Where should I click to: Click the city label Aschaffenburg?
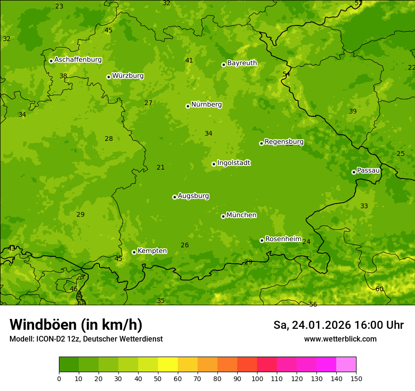pos(78,60)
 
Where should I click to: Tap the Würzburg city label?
pos(128,76)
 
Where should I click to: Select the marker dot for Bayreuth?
pos(224,65)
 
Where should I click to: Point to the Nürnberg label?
pos(206,105)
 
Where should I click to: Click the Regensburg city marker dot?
pos(261,143)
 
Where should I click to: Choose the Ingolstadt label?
pos(233,163)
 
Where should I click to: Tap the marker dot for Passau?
pos(354,172)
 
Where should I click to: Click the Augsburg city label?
pos(193,196)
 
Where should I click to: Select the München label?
pos(241,215)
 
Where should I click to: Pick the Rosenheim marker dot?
pos(262,240)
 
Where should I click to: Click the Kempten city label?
pos(152,251)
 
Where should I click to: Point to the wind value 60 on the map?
pos(379,289)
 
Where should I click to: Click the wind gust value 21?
pos(161,167)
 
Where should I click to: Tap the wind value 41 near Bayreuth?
pos(189,60)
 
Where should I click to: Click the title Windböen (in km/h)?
pos(76,325)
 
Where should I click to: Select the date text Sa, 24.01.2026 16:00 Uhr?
pos(338,325)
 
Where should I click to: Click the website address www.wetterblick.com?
pos(340,339)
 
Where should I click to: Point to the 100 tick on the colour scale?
pos(257,378)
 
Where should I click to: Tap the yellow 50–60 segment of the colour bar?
pos(168,365)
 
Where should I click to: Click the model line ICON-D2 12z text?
pos(86,339)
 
